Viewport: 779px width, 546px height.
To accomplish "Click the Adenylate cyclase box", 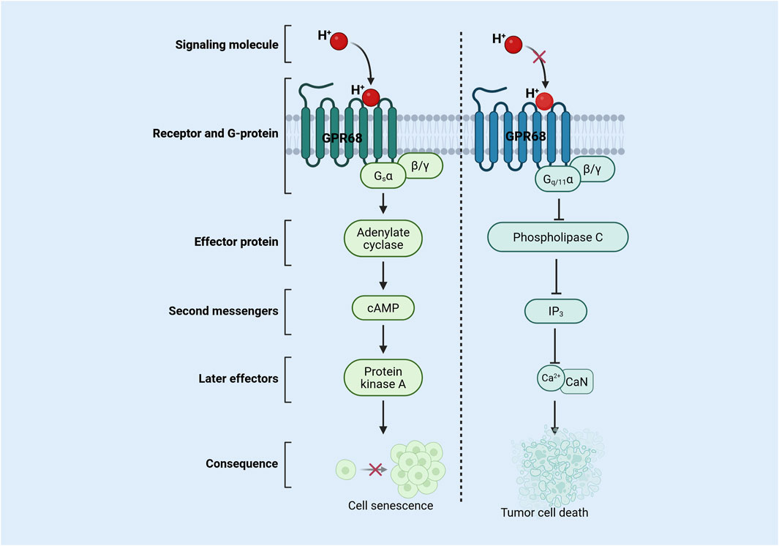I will [x=383, y=239].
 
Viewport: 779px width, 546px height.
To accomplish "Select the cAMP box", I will [x=383, y=310].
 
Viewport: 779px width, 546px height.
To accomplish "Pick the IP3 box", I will [x=557, y=311].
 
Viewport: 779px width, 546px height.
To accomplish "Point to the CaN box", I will [x=576, y=381].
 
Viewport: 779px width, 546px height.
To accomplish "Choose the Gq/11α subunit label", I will [x=554, y=179].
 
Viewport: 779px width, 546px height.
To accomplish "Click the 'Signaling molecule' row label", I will [x=217, y=45].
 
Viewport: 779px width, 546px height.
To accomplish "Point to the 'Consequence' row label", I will [x=241, y=463].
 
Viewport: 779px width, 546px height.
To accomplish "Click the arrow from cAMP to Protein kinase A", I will [x=383, y=342].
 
